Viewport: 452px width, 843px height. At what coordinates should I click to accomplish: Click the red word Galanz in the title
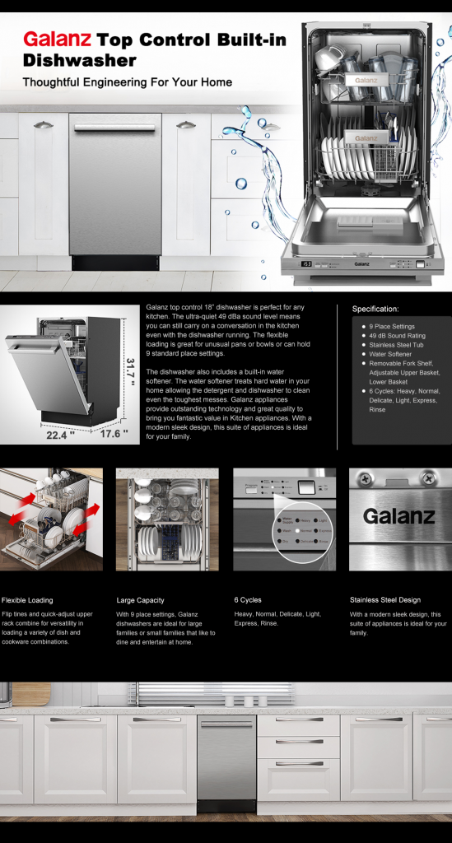pos(57,40)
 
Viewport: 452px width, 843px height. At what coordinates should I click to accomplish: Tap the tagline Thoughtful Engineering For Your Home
pos(127,82)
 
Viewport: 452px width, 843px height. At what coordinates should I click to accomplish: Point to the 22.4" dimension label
pos(60,435)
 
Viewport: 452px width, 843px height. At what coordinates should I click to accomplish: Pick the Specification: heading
pos(375,309)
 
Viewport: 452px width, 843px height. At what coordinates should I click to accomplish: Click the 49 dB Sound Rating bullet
pos(397,336)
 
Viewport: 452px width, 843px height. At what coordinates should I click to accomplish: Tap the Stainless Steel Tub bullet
pos(395,345)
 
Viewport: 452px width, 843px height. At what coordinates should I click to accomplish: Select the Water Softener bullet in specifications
pos(390,354)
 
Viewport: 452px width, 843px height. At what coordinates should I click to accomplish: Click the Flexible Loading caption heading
pos(27,600)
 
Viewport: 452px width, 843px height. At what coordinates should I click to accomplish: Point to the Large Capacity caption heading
pos(140,600)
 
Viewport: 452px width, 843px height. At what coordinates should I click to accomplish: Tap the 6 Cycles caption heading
pos(248,599)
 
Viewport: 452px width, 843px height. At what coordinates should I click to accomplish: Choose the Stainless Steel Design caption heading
pos(385,600)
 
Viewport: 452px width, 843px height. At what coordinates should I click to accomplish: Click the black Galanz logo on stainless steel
pos(399,517)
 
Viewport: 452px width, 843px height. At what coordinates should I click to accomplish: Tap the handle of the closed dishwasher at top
pos(114,128)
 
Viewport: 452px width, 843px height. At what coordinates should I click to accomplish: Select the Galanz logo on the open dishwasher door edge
pos(361,264)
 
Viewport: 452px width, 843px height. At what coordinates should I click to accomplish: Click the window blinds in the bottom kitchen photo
pos(214,692)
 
